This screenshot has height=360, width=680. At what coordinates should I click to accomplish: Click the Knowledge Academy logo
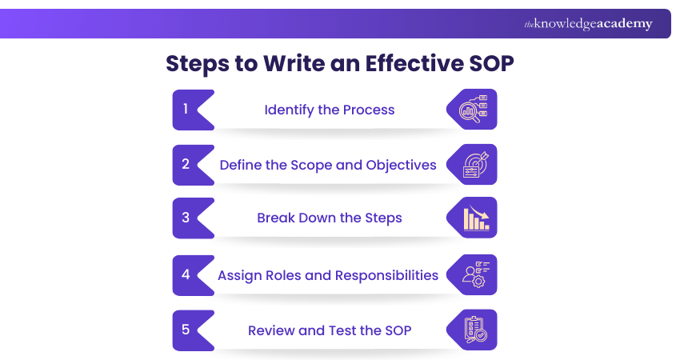click(x=588, y=24)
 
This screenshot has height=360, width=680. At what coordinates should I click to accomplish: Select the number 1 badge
click(x=186, y=109)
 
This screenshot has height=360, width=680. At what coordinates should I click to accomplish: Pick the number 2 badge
click(x=186, y=164)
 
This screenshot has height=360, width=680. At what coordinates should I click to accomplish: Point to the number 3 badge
click(x=186, y=218)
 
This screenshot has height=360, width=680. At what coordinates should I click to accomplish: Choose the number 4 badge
click(x=186, y=274)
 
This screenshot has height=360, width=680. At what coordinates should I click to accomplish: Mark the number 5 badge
click(x=186, y=330)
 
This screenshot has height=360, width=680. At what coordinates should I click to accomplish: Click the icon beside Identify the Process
click(x=473, y=110)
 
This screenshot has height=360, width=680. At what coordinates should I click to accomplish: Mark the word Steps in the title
click(x=197, y=64)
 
